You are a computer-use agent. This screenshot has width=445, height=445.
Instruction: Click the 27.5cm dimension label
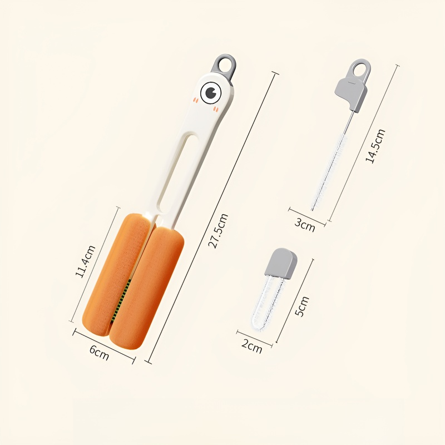coord(218,231)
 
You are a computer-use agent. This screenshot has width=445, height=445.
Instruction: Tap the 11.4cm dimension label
coord(86,261)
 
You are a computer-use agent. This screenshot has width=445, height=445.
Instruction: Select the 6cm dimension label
coord(99,353)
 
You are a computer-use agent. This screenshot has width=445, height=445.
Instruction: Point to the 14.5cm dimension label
coord(375,146)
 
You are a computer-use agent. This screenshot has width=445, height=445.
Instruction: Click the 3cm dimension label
coord(304,225)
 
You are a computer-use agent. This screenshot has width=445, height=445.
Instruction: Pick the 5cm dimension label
coord(301,306)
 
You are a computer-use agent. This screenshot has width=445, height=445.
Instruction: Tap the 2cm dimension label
coord(252,346)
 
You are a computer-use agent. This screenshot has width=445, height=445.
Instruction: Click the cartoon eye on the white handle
coord(211,92)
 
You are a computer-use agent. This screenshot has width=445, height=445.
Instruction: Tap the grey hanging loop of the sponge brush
coord(224,65)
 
